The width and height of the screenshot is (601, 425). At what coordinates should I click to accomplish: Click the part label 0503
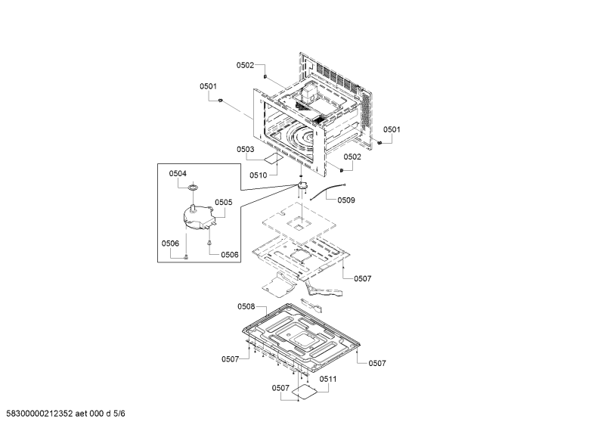(x=245, y=149)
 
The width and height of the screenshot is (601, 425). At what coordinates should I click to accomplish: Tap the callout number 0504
(x=178, y=173)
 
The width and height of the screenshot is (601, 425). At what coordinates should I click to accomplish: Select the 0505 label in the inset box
(x=224, y=202)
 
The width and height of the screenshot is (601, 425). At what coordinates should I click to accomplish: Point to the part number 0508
(x=246, y=306)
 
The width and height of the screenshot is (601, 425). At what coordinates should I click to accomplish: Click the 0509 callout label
(x=346, y=200)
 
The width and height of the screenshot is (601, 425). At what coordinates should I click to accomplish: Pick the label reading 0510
(x=259, y=175)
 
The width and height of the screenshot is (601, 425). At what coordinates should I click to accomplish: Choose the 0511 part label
(x=328, y=379)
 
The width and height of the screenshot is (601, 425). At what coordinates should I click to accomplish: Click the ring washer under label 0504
(x=194, y=188)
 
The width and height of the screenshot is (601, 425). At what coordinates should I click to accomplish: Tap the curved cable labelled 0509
(x=326, y=190)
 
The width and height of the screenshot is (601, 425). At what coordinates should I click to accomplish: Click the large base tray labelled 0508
(x=301, y=337)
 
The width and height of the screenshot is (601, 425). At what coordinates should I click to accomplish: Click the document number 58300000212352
(x=39, y=414)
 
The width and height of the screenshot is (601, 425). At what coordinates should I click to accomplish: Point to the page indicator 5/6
(x=119, y=414)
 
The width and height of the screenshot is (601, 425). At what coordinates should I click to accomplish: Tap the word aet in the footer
(x=81, y=414)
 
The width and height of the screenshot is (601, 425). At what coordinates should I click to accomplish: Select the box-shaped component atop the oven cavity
(x=310, y=94)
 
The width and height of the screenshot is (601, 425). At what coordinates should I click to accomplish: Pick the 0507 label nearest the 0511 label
(x=280, y=388)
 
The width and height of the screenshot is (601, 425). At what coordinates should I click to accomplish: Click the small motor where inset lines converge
(x=303, y=185)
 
